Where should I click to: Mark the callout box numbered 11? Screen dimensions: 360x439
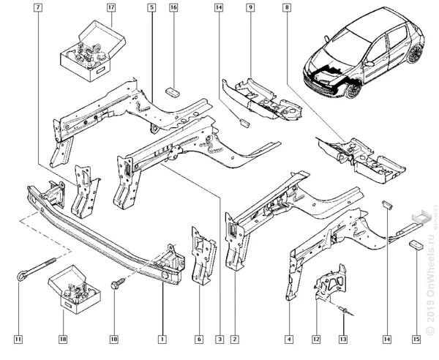click(18, 339)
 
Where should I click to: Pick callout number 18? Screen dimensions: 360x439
click(62, 339)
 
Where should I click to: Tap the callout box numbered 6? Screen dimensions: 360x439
click(199, 339)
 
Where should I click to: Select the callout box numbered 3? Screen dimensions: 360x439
click(218, 339)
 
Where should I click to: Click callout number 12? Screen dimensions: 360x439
click(316, 339)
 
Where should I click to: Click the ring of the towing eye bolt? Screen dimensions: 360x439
click(19, 276)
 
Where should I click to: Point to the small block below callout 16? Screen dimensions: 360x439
click(173, 92)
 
